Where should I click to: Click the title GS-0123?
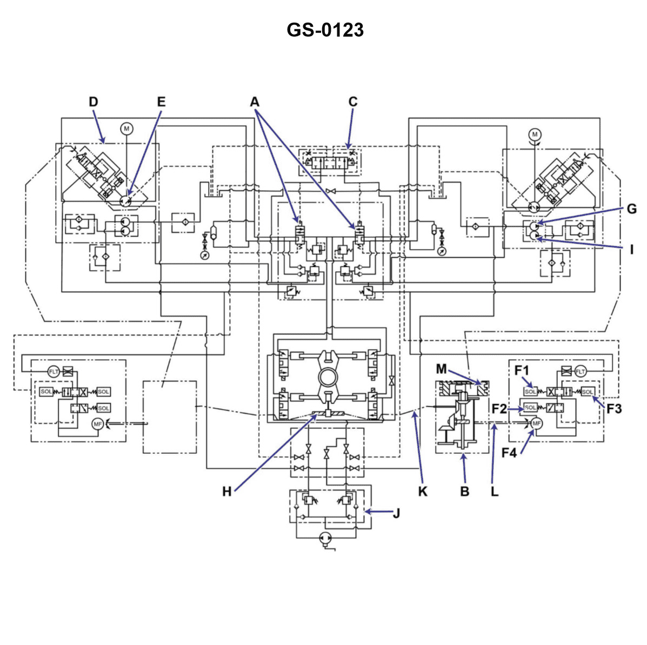(x=325, y=30)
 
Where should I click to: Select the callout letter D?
(x=94, y=102)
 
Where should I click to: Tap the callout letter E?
(x=161, y=102)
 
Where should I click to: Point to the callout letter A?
(x=255, y=102)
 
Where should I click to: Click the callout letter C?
(x=352, y=102)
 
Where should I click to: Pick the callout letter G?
(x=631, y=209)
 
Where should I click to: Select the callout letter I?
(x=631, y=249)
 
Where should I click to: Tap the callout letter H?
(x=227, y=491)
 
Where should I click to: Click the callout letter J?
(x=396, y=512)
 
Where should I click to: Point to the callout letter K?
(x=423, y=491)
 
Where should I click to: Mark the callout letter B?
(x=464, y=491)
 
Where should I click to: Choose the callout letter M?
(x=441, y=369)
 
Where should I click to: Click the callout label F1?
(x=522, y=371)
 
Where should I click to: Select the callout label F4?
(x=509, y=453)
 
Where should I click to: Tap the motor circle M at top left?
(x=126, y=129)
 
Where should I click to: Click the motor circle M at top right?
(x=535, y=134)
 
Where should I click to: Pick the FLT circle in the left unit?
(x=54, y=371)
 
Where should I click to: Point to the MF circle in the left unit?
(x=97, y=424)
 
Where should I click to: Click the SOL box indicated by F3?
(x=588, y=392)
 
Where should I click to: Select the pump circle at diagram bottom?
(x=325, y=537)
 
